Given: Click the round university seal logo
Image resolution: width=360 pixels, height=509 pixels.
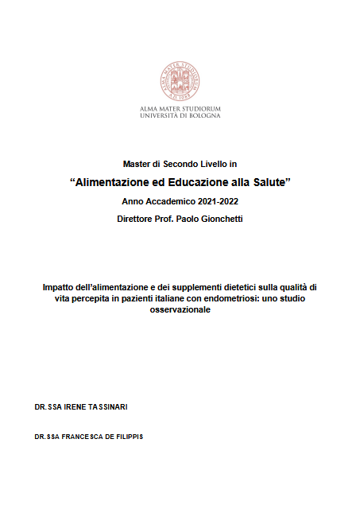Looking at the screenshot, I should (180, 80).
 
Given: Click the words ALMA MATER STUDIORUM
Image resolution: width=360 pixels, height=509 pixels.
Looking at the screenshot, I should (180, 108).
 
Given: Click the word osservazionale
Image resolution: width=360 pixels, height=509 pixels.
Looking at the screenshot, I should (180, 310).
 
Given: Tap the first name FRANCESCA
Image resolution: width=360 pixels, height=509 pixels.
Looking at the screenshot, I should (79, 438).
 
